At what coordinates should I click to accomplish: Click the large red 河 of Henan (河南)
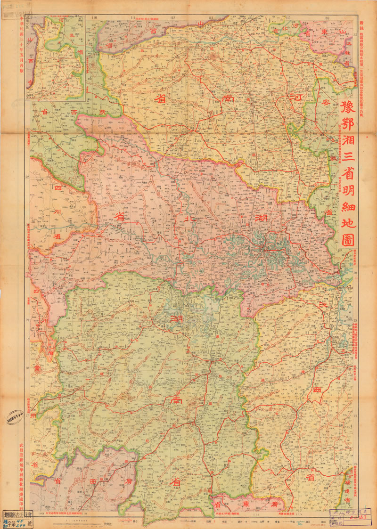point(296,98)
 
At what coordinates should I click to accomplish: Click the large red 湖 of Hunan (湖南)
point(177,320)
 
